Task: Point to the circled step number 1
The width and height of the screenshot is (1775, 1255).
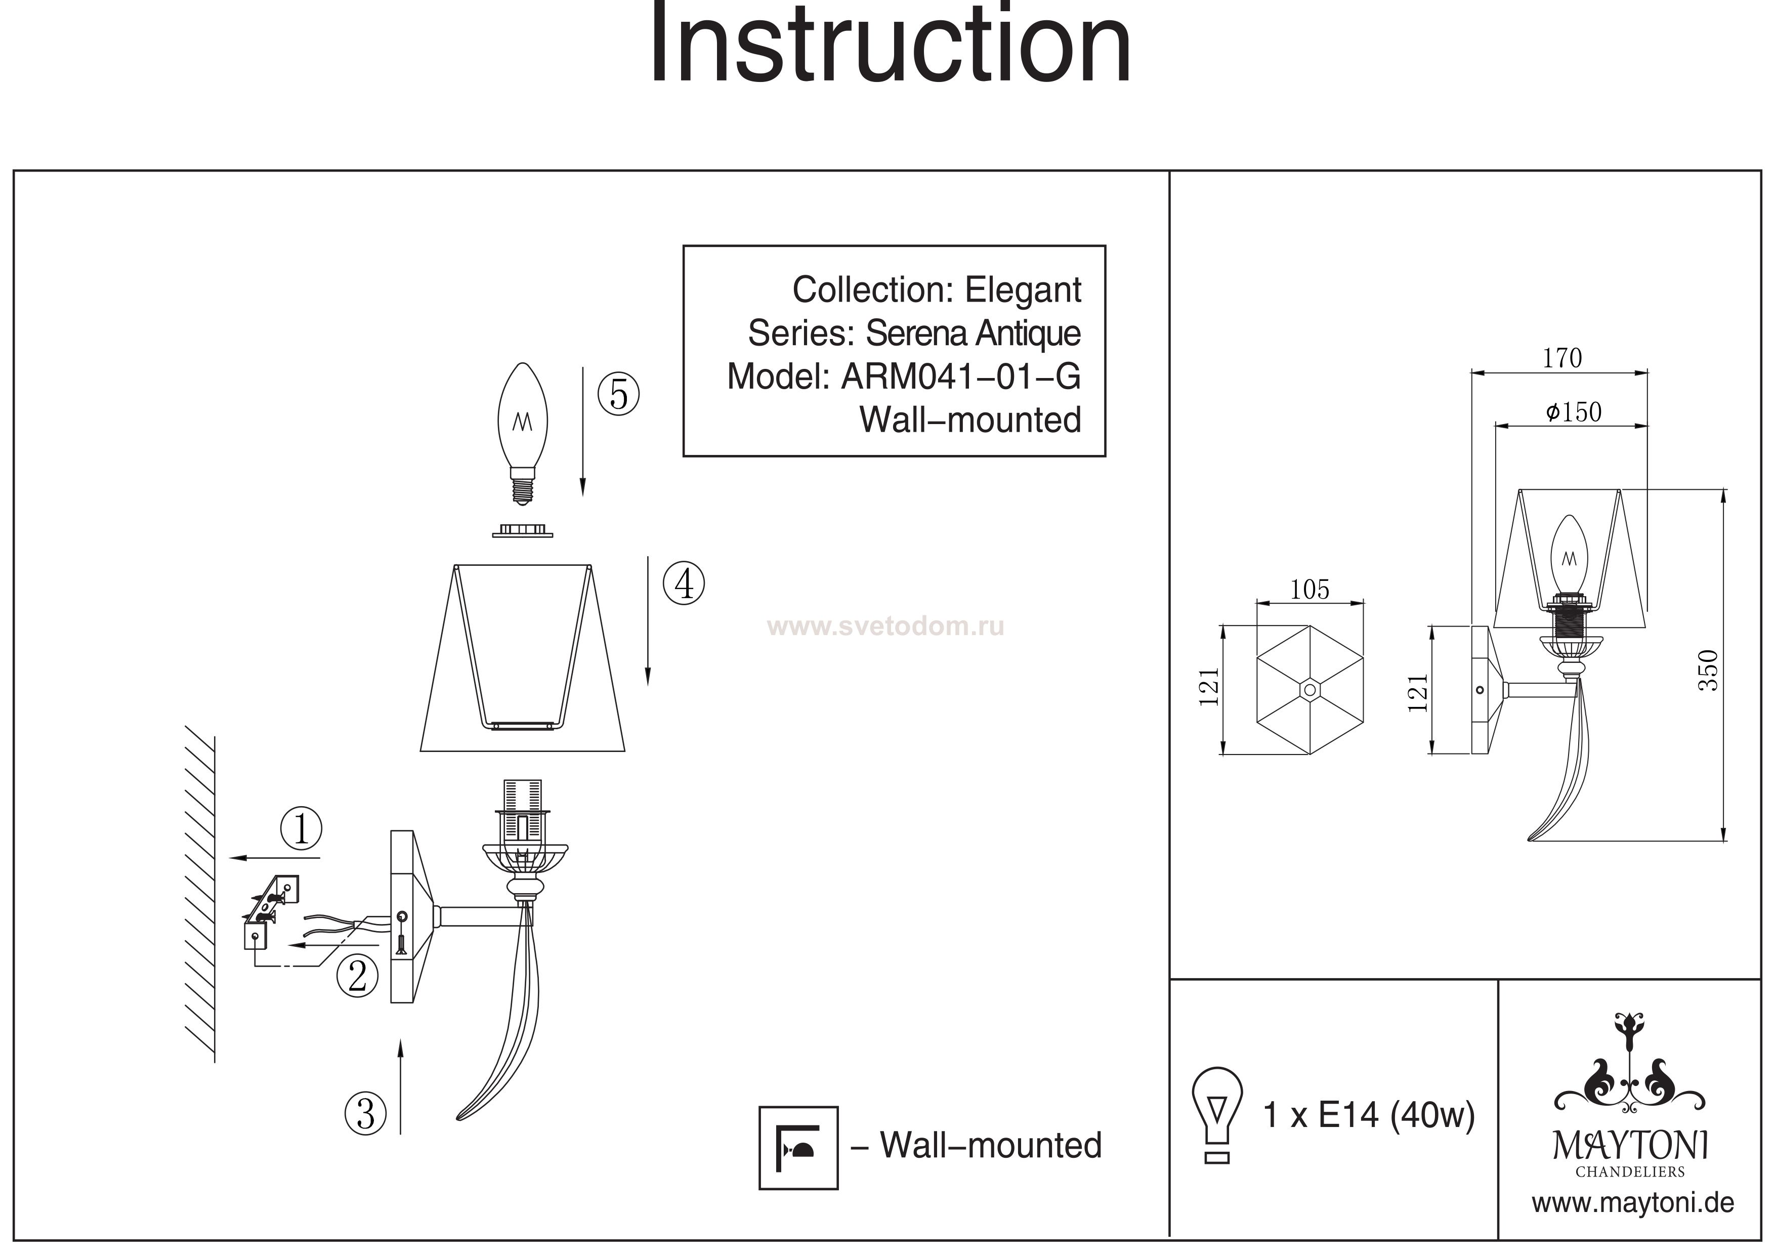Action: [301, 828]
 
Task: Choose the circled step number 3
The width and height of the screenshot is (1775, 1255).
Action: [365, 1113]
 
